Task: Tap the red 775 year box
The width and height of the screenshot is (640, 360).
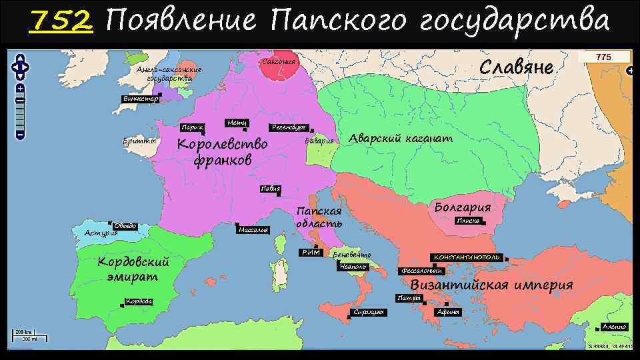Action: click(x=603, y=57)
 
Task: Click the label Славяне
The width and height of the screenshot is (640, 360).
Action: click(x=517, y=68)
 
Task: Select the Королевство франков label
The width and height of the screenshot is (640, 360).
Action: click(x=221, y=152)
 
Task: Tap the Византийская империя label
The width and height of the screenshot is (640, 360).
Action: click(x=491, y=285)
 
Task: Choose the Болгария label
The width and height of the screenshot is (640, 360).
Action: click(x=462, y=206)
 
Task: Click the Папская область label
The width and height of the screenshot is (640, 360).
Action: click(x=319, y=217)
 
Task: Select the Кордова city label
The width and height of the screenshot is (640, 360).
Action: click(x=139, y=301)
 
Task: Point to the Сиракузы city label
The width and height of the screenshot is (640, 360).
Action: click(x=367, y=313)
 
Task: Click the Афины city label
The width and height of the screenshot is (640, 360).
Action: click(x=447, y=312)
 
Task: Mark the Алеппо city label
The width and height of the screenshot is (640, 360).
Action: click(x=613, y=326)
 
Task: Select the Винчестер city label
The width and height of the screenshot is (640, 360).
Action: click(x=139, y=99)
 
